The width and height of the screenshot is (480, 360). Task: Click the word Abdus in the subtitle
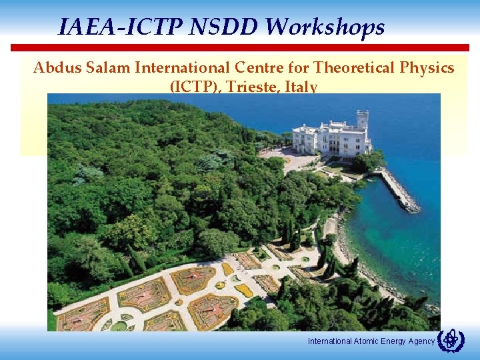(x=55, y=68)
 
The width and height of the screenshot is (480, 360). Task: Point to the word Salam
(x=106, y=68)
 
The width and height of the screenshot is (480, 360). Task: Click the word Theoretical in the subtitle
(x=353, y=68)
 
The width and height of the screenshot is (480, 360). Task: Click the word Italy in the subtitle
(x=301, y=87)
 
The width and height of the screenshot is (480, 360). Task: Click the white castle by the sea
(x=331, y=137)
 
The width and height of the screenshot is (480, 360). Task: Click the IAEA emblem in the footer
(x=451, y=340)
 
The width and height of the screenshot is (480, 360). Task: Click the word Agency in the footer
(x=421, y=341)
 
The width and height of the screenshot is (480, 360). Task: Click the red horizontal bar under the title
(x=239, y=48)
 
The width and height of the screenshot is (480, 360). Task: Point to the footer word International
(x=329, y=341)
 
